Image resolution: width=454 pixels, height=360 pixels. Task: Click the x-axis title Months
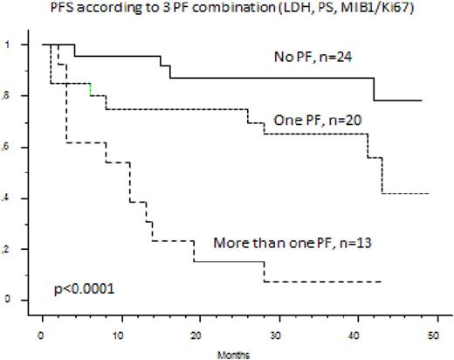[233, 355]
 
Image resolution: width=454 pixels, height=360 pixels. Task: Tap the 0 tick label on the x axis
[42, 336]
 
